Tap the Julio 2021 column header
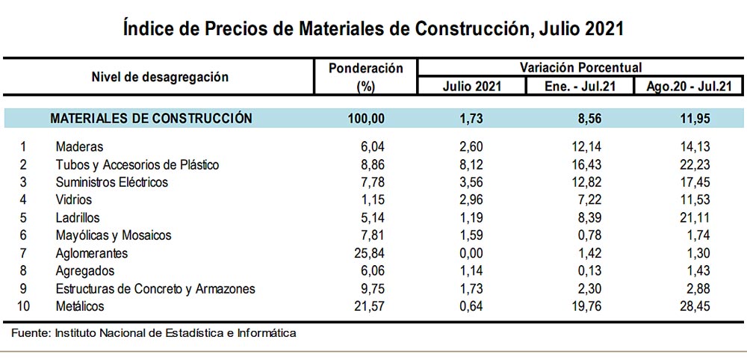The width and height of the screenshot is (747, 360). click(x=471, y=86)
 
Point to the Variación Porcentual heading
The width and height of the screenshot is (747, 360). click(x=580, y=67)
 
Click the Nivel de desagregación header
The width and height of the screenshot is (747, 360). click(x=160, y=76)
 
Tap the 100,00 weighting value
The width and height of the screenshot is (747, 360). click(x=366, y=118)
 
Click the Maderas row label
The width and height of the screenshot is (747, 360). click(x=79, y=147)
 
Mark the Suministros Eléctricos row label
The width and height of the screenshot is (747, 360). click(x=112, y=182)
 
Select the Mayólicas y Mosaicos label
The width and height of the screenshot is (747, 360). click(x=114, y=235)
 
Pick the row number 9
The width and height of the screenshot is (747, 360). click(x=25, y=288)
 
